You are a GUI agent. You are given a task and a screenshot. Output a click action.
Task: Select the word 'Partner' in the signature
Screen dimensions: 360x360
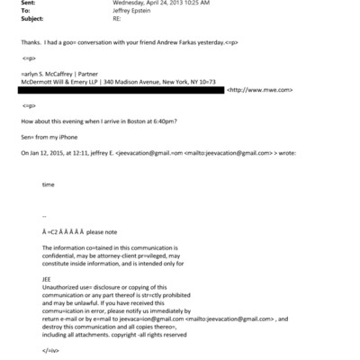click(89, 75)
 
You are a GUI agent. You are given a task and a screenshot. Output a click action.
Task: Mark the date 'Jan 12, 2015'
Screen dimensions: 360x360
click(43, 153)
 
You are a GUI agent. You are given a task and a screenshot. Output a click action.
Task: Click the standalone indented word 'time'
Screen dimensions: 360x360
click(48, 184)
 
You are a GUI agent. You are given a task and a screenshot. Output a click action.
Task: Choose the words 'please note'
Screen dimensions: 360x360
click(103, 231)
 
